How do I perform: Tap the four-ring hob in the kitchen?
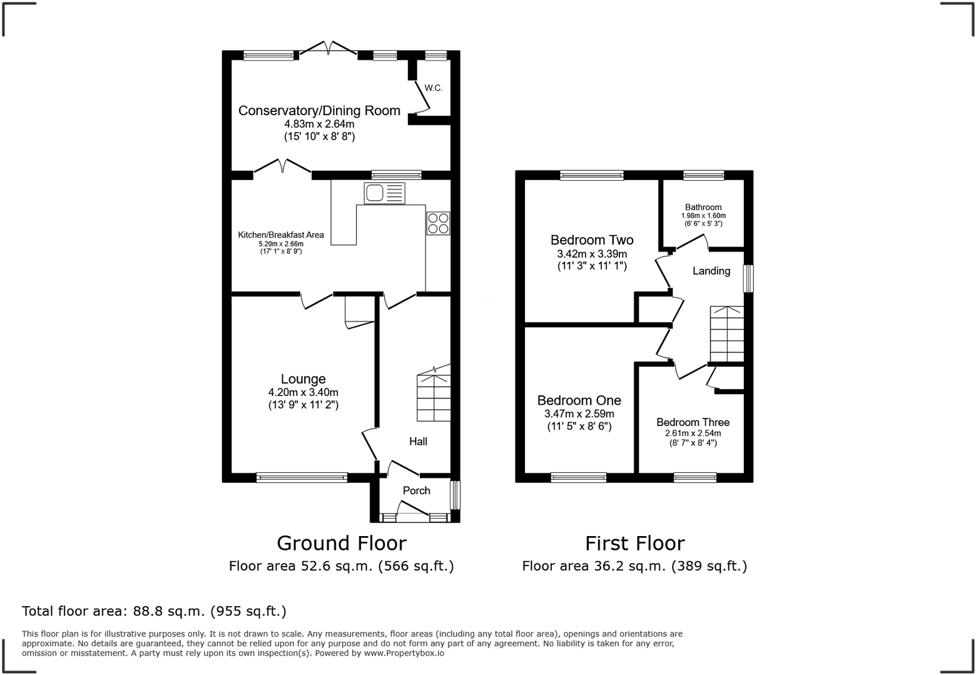click(438, 223)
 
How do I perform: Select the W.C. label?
click(433, 88)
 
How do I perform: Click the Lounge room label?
click(303, 378)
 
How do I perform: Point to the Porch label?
click(416, 490)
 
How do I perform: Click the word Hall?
click(418, 442)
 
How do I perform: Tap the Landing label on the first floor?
click(711, 271)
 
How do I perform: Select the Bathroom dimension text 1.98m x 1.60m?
click(703, 216)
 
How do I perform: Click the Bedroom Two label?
click(591, 240)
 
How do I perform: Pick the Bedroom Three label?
click(693, 422)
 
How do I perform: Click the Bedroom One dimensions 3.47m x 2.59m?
click(579, 414)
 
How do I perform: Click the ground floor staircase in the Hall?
click(434, 395)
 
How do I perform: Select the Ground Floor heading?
click(341, 543)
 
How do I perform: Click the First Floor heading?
click(634, 543)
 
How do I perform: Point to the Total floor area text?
click(154, 611)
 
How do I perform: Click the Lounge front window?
click(302, 478)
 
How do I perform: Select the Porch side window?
click(455, 495)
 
